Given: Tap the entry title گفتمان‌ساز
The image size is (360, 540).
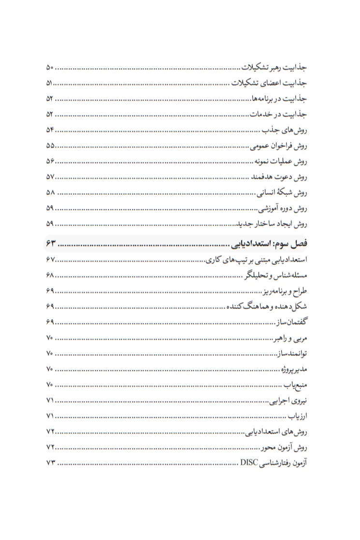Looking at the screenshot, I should tap(292, 322).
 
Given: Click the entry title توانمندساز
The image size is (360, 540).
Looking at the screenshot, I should tap(292, 354).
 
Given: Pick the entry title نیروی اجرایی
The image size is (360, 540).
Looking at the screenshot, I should tap(288, 401).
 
